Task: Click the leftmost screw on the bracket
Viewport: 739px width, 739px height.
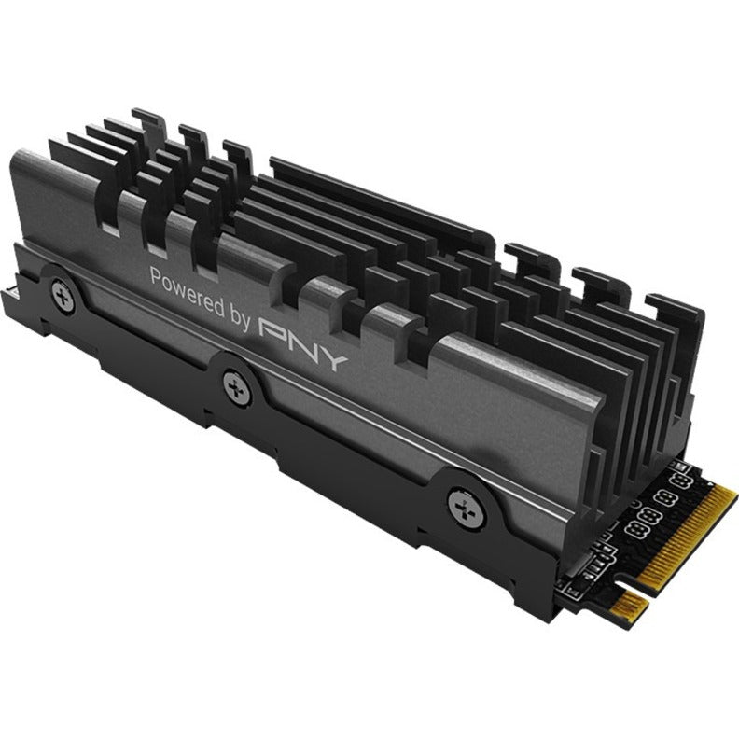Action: (x=63, y=291)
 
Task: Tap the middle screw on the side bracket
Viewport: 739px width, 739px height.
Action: (x=232, y=381)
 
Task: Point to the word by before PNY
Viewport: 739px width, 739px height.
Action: (x=239, y=315)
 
